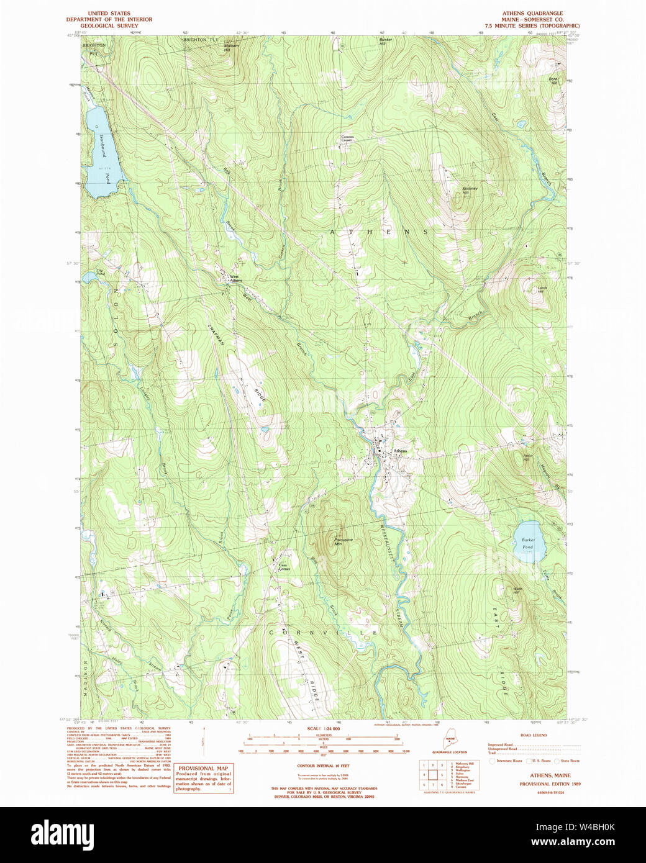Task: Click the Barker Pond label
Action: tap(528, 543)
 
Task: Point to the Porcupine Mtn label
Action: tap(343, 541)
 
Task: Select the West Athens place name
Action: tap(235, 279)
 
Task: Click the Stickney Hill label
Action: tap(470, 190)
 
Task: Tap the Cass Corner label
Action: tap(283, 567)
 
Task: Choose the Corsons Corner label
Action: tap(347, 138)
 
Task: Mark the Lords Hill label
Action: tap(542, 289)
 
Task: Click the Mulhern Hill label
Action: tap(231, 47)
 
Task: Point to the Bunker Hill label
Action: tap(386, 42)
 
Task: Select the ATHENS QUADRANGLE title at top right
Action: tap(532, 13)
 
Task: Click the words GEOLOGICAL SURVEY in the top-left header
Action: tap(109, 25)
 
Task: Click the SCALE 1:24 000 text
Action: tap(323, 728)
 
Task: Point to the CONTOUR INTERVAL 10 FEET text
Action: tap(323, 766)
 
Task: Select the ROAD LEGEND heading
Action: tap(534, 735)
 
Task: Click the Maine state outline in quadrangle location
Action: tap(450, 739)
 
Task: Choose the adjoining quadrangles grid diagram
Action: tap(432, 775)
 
